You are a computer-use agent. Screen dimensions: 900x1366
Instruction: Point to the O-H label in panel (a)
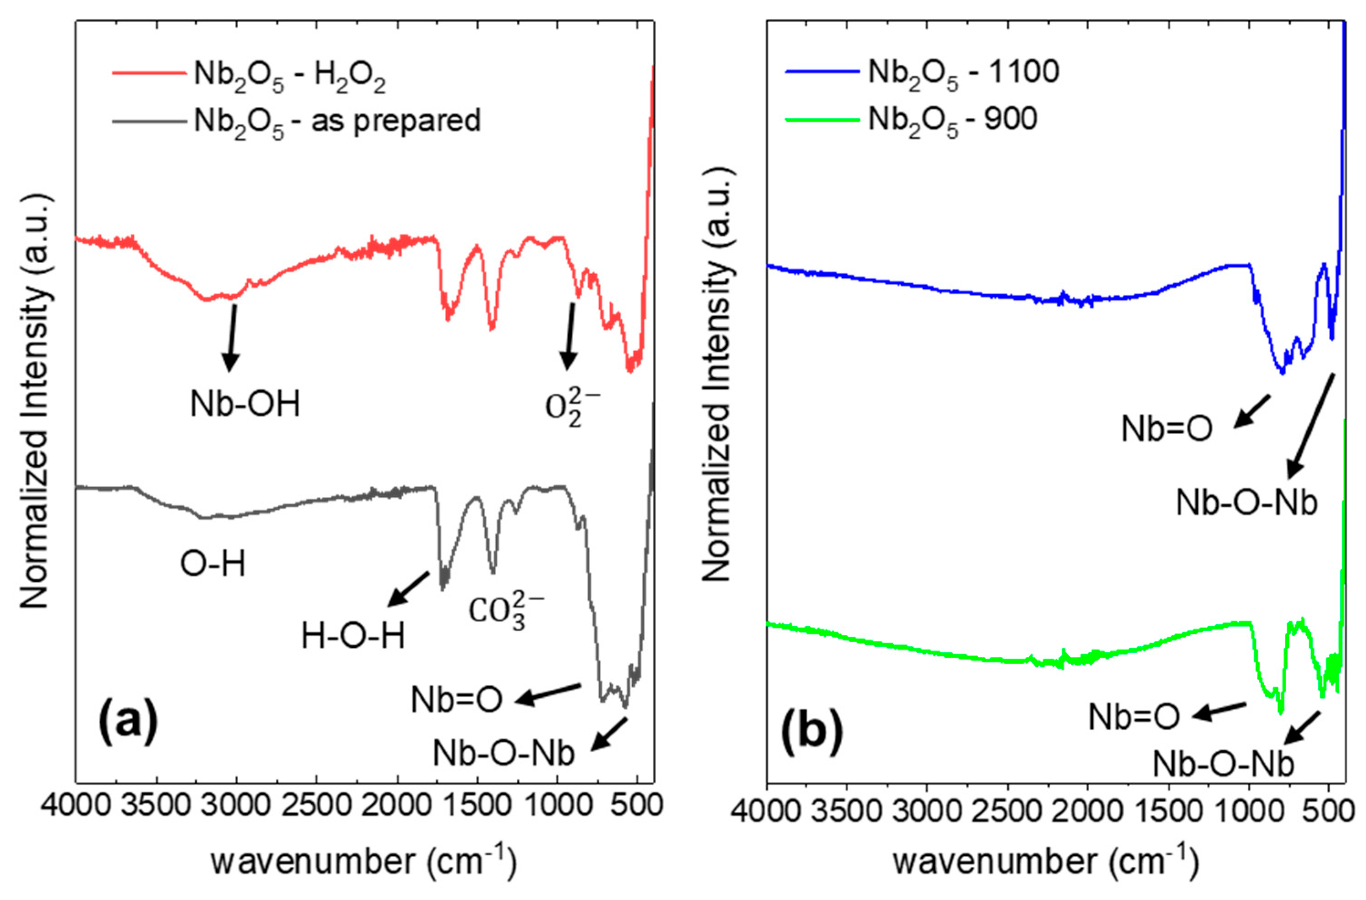pos(213,564)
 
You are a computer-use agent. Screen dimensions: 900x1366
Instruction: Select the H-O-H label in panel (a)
pos(353,637)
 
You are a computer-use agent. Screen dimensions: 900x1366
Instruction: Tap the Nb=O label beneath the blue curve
pos(1166,429)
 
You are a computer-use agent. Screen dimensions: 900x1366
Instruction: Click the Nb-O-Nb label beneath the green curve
pos(1222,764)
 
